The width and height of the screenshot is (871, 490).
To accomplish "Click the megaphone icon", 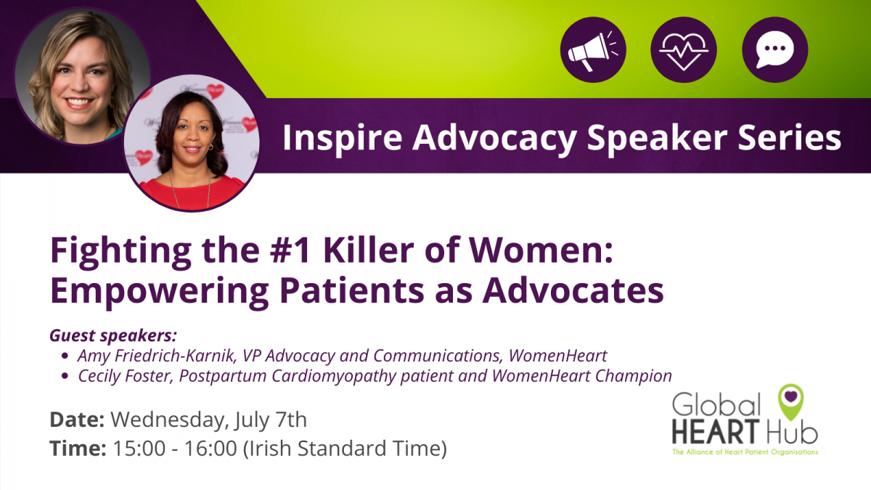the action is [x=593, y=49].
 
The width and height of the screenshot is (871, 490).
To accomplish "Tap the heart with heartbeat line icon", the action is [x=684, y=49].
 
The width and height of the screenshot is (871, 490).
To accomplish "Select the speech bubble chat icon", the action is [x=775, y=49].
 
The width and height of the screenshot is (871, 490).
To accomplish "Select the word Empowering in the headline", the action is [x=160, y=292].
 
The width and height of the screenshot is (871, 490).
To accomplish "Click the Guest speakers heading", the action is [x=113, y=335].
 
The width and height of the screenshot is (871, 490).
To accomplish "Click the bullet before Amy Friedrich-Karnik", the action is [x=65, y=356].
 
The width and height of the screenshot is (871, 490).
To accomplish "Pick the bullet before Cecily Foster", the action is [x=65, y=376].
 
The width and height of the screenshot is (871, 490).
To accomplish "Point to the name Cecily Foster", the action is [x=125, y=376].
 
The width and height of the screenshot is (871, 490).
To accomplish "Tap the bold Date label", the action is [x=77, y=420].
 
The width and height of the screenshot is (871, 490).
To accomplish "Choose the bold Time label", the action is [x=78, y=448].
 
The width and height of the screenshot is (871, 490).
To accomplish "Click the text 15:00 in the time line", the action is [x=139, y=448].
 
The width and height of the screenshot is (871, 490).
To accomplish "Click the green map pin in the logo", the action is [x=791, y=401].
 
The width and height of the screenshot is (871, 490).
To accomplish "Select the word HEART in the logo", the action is [x=716, y=432].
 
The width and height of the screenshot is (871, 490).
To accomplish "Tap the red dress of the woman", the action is [x=192, y=193].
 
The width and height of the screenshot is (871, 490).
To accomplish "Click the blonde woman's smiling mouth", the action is [x=79, y=102].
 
